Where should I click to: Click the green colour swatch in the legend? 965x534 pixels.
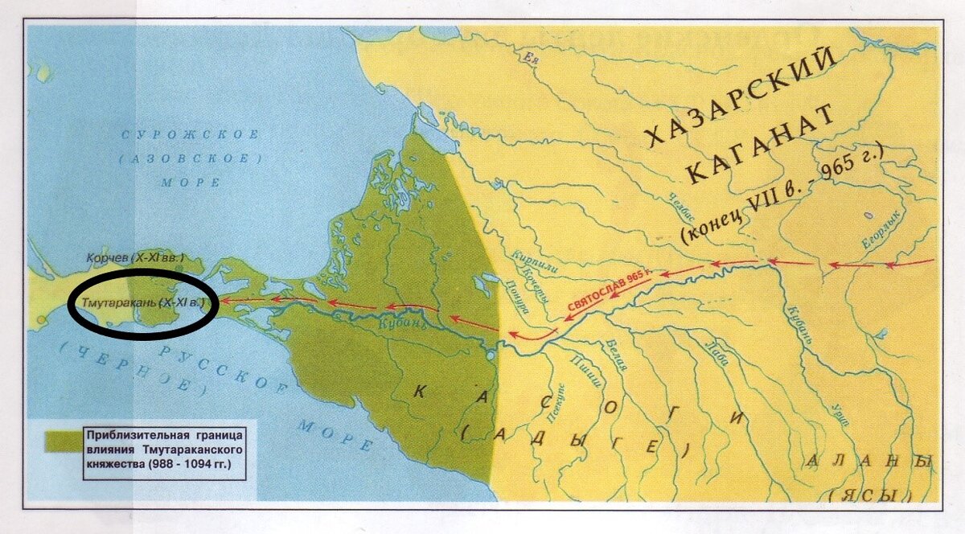coord(60,444)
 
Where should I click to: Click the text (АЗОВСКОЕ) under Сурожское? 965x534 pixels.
coord(184,159)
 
